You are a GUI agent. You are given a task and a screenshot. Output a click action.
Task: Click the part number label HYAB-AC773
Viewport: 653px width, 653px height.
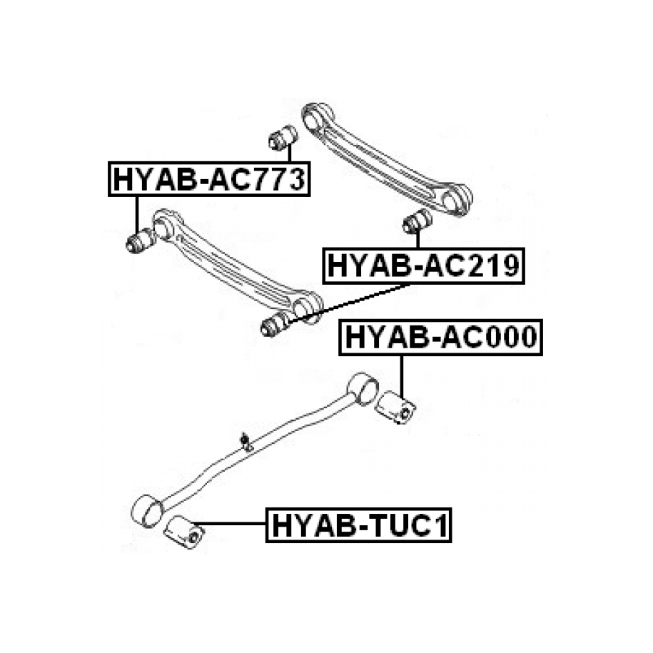pyautogui.click(x=209, y=179)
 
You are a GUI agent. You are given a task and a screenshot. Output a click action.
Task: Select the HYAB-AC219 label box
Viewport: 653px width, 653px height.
pyautogui.click(x=423, y=265)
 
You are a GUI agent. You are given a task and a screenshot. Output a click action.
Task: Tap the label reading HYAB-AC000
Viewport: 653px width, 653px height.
pyautogui.click(x=440, y=338)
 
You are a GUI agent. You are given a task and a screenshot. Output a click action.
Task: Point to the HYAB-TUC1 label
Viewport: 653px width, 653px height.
pyautogui.click(x=358, y=525)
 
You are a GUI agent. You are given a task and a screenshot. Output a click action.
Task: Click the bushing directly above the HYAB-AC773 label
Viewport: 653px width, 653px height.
pyautogui.click(x=283, y=138)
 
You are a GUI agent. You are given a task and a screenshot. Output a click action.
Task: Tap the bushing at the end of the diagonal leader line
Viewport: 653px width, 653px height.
pyautogui.click(x=275, y=323)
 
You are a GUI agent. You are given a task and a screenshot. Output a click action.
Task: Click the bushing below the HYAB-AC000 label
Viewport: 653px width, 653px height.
pyautogui.click(x=395, y=408)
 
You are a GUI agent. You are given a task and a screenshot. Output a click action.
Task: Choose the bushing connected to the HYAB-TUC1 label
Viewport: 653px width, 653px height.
pyautogui.click(x=185, y=532)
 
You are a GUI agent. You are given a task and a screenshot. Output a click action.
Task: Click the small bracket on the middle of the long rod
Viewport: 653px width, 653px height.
pyautogui.click(x=245, y=442)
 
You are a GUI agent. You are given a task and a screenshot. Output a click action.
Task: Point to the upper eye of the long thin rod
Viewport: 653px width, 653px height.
pyautogui.click(x=363, y=387)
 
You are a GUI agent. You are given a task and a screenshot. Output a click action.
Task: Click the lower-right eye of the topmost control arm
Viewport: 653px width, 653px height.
pyautogui.click(x=455, y=199)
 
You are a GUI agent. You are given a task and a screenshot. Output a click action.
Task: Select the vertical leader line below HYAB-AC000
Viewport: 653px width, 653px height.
pyautogui.click(x=402, y=377)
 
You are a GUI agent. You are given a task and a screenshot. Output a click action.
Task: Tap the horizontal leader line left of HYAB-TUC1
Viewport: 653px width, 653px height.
pyautogui.click(x=230, y=523)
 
